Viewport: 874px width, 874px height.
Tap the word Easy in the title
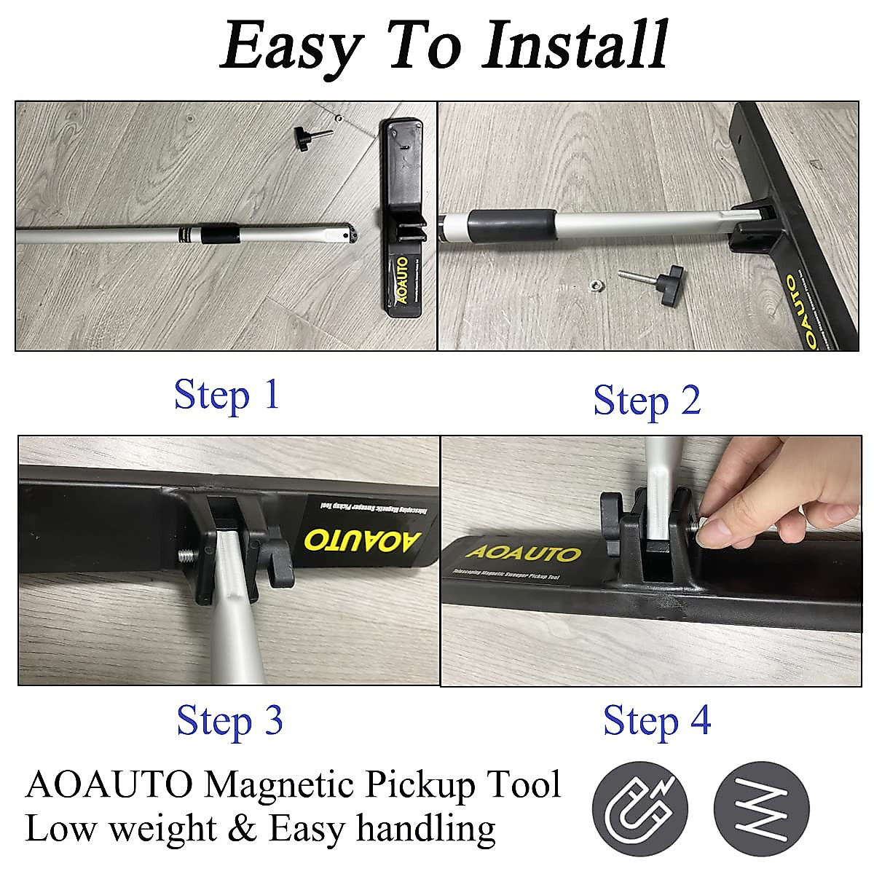tap(291, 45)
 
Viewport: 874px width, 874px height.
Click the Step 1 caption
tap(227, 395)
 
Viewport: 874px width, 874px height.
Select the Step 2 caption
tap(647, 401)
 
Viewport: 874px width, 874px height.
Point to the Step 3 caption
tap(229, 720)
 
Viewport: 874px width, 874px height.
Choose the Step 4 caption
tap(656, 720)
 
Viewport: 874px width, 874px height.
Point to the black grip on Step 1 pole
tap(220, 235)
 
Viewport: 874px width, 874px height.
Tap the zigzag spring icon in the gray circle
tap(760, 808)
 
